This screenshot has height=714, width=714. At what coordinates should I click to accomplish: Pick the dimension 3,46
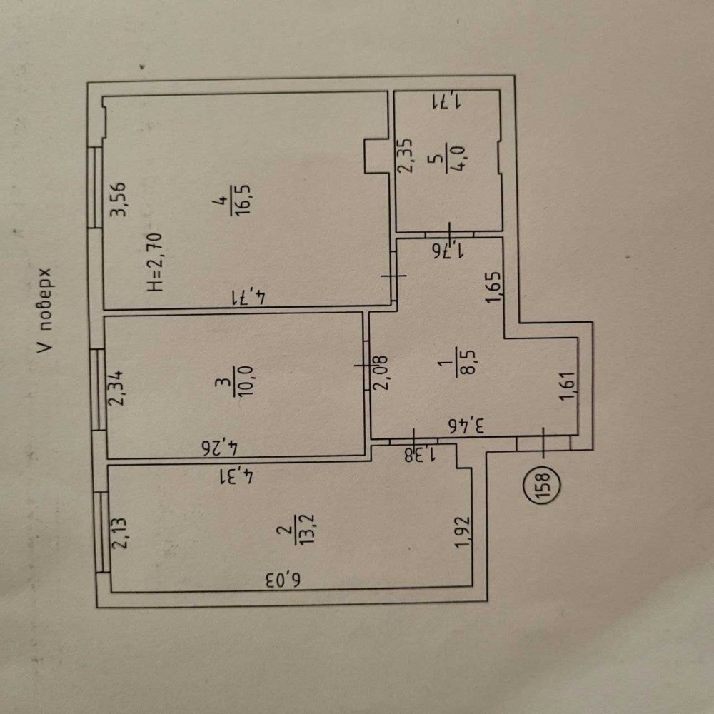[466, 426]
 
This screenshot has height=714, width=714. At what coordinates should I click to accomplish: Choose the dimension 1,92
[462, 532]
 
